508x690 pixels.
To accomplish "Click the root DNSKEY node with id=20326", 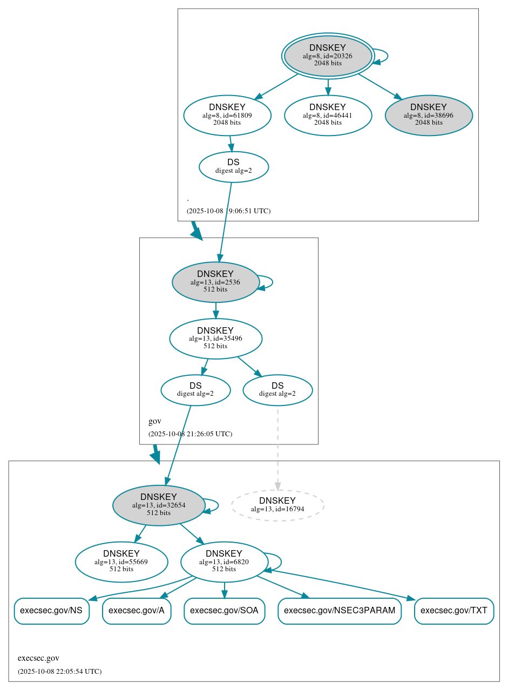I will pyautogui.click(x=328, y=56).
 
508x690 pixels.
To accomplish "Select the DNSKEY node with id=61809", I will pyautogui.click(x=227, y=115).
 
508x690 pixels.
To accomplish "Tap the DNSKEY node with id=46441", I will pyautogui.click(x=328, y=115).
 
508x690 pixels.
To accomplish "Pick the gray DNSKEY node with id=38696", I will pyautogui.click(x=429, y=115).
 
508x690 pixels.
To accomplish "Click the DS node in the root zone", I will pyautogui.click(x=234, y=167).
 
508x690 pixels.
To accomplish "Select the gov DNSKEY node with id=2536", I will pyautogui.click(x=215, y=282).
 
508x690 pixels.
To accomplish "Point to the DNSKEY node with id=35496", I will pyautogui.click(x=215, y=339).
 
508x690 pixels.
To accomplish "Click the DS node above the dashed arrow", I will pyautogui.click(x=277, y=390).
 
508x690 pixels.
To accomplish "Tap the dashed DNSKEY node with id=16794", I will pyautogui.click(x=277, y=505).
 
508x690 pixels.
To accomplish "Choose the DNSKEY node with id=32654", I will pyautogui.click(x=159, y=505).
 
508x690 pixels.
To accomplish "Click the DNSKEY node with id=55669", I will pyautogui.click(x=121, y=562).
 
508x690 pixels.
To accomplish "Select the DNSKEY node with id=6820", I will pyautogui.click(x=224, y=562).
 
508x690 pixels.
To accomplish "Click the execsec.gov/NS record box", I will pyautogui.click(x=51, y=611).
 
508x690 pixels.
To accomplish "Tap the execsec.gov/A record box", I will pyautogui.click(x=137, y=611).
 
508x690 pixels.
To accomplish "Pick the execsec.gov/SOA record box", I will pyautogui.click(x=224, y=611).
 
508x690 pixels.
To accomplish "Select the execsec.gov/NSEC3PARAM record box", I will pyautogui.click(x=340, y=611).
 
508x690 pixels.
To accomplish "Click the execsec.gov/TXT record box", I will pyautogui.click(x=454, y=611).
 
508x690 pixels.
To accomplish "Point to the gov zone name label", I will pyautogui.click(x=155, y=421).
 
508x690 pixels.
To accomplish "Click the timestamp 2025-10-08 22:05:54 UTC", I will pyautogui.click(x=59, y=672).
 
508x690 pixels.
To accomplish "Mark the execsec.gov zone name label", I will pyautogui.click(x=38, y=658).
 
